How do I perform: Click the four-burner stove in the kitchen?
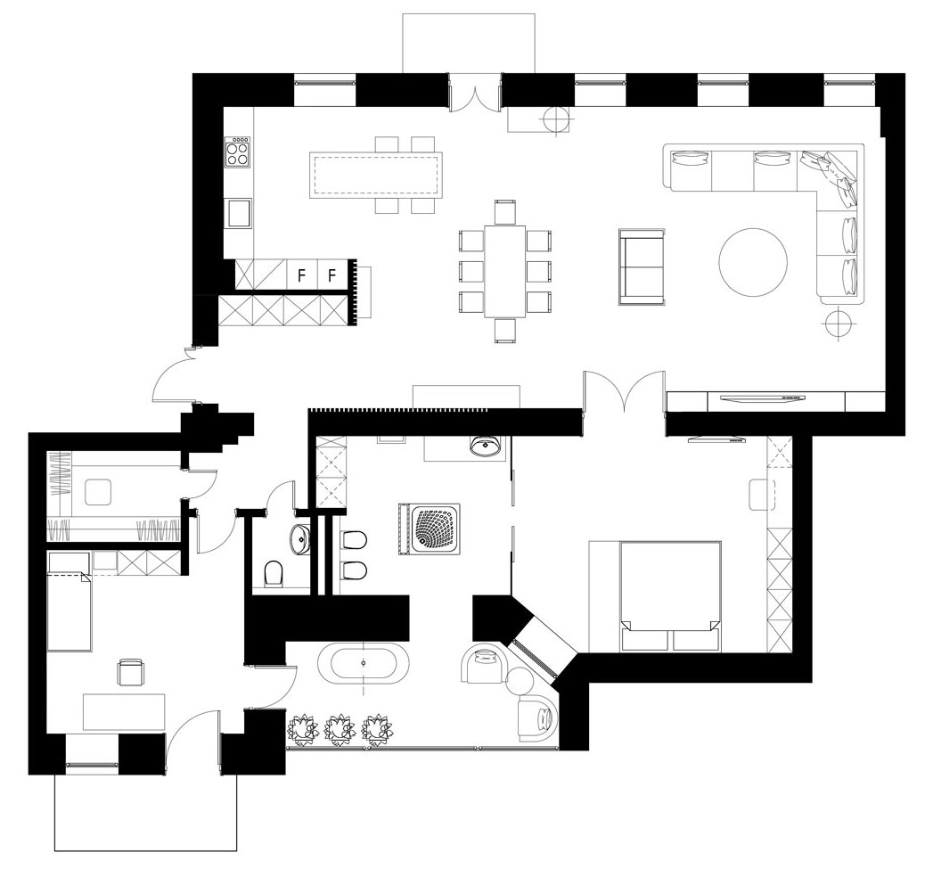pyautogui.click(x=238, y=152)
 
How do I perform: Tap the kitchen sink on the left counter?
pyautogui.click(x=239, y=213)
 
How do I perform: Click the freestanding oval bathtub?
pyautogui.click(x=363, y=663)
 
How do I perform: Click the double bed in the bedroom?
pyautogui.click(x=670, y=596)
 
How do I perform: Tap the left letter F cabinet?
pyautogui.click(x=301, y=275)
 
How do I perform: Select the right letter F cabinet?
pyautogui.click(x=332, y=275)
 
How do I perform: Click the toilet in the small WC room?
pyautogui.click(x=274, y=573)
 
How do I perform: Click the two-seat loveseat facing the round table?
pyautogui.click(x=642, y=266)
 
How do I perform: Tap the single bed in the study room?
pyautogui.click(x=69, y=602)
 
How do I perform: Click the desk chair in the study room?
pyautogui.click(x=131, y=673)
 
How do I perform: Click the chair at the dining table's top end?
pyautogui.click(x=505, y=212)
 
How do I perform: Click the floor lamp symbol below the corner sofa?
pyautogui.click(x=838, y=322)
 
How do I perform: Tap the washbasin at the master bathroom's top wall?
pyautogui.click(x=487, y=446)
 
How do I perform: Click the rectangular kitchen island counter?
pyautogui.click(x=376, y=176)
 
